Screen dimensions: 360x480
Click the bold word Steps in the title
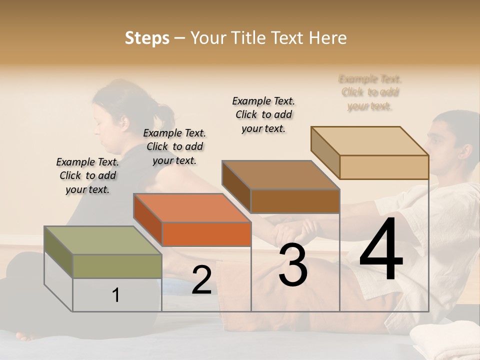147,38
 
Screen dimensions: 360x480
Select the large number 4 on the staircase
381,250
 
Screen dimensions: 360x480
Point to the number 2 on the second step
201,280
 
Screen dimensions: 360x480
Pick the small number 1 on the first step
116,295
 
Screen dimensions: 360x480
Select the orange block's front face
206,234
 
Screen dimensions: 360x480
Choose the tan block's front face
384,167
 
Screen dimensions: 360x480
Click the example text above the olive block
87,175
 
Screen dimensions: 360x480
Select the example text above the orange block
174,146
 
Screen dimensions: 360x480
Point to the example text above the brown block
263,114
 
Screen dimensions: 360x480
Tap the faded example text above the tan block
370,92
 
